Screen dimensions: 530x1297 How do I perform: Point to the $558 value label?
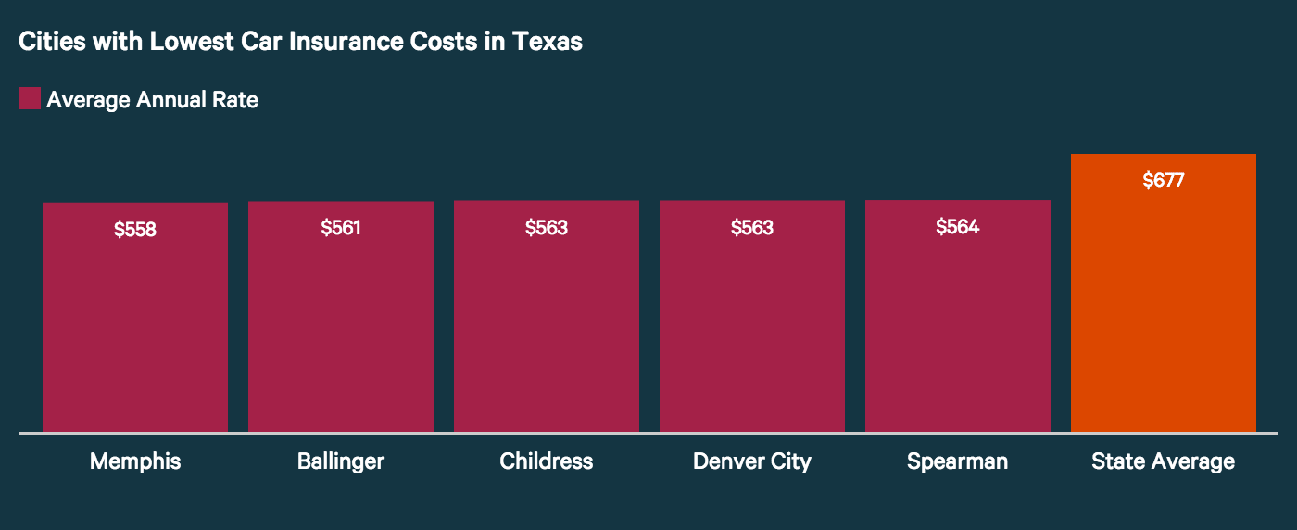tap(135, 230)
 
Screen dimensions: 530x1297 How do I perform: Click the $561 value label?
tap(341, 228)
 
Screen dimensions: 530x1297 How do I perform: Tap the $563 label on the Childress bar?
tap(547, 228)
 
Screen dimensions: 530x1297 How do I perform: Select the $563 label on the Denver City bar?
tap(752, 228)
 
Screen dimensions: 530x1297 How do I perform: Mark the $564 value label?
tap(958, 227)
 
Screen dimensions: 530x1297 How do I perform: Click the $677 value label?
tap(1164, 181)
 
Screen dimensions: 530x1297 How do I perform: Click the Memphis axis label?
tap(135, 461)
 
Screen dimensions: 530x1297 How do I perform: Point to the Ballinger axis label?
tap(341, 461)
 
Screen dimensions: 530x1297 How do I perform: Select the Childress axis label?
tap(547, 461)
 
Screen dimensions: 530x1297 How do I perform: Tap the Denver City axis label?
tap(752, 461)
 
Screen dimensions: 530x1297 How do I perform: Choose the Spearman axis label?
tap(958, 461)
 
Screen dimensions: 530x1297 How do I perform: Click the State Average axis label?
tap(1164, 461)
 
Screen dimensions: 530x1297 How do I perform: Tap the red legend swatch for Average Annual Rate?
tap(30, 98)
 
